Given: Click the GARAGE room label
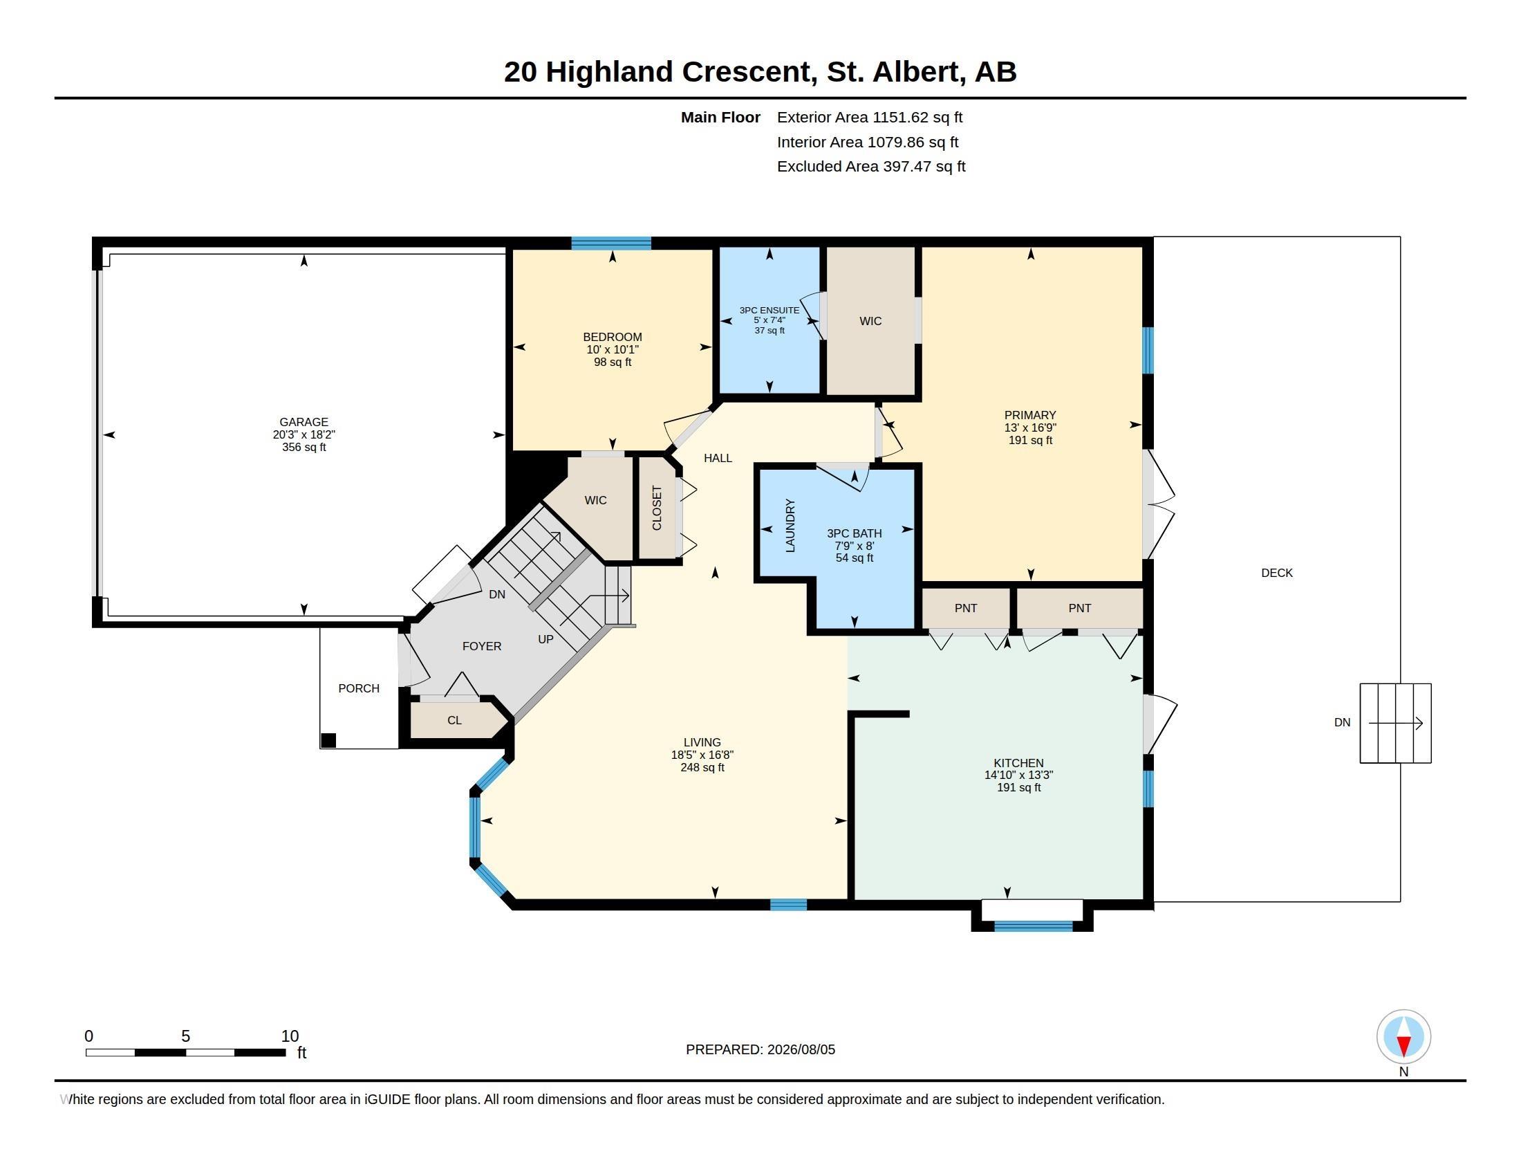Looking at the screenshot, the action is click(x=304, y=421).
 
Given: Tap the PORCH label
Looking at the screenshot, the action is click(x=359, y=688).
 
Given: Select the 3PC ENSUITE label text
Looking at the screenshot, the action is click(x=769, y=310).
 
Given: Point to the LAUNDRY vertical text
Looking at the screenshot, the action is click(x=790, y=525).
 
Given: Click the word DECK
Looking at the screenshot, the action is click(x=1276, y=573).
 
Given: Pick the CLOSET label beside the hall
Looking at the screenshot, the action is click(x=657, y=508).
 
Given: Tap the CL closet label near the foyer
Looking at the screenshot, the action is click(x=454, y=720).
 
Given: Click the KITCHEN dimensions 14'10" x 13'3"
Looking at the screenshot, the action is click(x=1018, y=775).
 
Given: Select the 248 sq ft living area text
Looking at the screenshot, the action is click(x=702, y=767).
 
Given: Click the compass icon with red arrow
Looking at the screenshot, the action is click(x=1403, y=1037).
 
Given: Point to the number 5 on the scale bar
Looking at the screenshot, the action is click(x=185, y=1036).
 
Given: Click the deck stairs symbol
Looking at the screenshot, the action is click(x=1395, y=723).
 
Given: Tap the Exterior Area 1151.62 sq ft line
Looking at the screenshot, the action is click(x=870, y=117).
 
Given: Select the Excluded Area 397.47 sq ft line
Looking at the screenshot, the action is click(x=871, y=166).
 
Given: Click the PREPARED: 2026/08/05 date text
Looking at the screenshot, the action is click(x=760, y=1049).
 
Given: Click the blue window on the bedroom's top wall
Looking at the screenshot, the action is click(x=610, y=243).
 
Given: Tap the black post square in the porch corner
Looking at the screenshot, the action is click(x=328, y=741).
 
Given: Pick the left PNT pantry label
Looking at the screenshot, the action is click(x=965, y=608).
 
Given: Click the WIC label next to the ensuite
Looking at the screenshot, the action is click(x=870, y=321).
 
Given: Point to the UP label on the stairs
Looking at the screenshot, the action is click(x=545, y=639).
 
